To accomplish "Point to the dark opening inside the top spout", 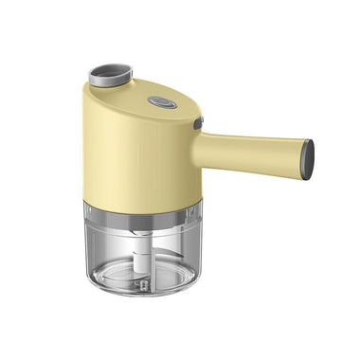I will pos(106,73).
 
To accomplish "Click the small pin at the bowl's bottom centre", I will pos(143,283).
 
